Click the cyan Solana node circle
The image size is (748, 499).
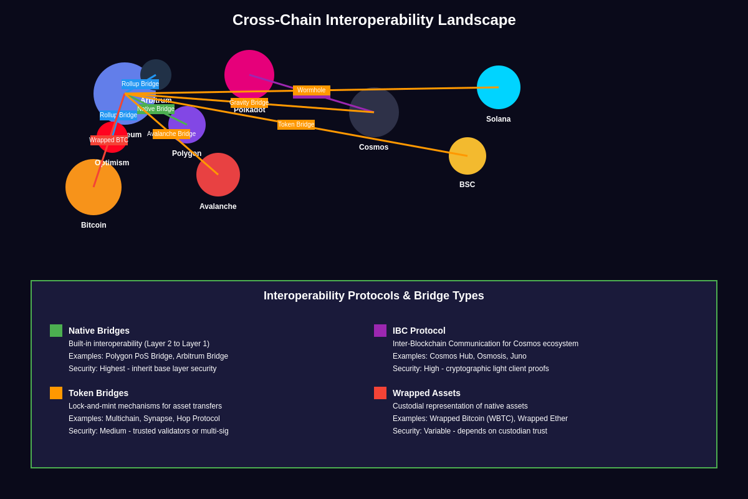click(499, 87)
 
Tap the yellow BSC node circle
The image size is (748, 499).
click(467, 156)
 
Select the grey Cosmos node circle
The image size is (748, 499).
click(374, 112)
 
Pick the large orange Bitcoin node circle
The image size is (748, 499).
click(93, 187)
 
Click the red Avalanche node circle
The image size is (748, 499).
click(218, 175)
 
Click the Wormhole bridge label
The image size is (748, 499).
click(312, 90)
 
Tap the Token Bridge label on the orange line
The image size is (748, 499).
click(296, 125)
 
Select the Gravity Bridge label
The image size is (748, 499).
click(249, 103)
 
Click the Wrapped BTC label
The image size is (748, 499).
click(109, 140)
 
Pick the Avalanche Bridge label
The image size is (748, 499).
click(171, 134)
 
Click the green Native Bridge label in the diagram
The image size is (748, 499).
click(156, 109)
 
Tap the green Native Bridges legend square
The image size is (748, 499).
click(56, 331)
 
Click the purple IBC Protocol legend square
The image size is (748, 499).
click(380, 331)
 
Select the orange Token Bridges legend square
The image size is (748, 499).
click(56, 393)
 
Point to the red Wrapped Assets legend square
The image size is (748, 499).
click(380, 393)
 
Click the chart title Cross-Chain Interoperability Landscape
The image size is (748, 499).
click(374, 20)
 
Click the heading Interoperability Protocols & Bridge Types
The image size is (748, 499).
click(374, 296)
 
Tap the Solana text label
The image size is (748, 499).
click(498, 119)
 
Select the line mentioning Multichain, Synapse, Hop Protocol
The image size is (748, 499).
click(144, 419)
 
